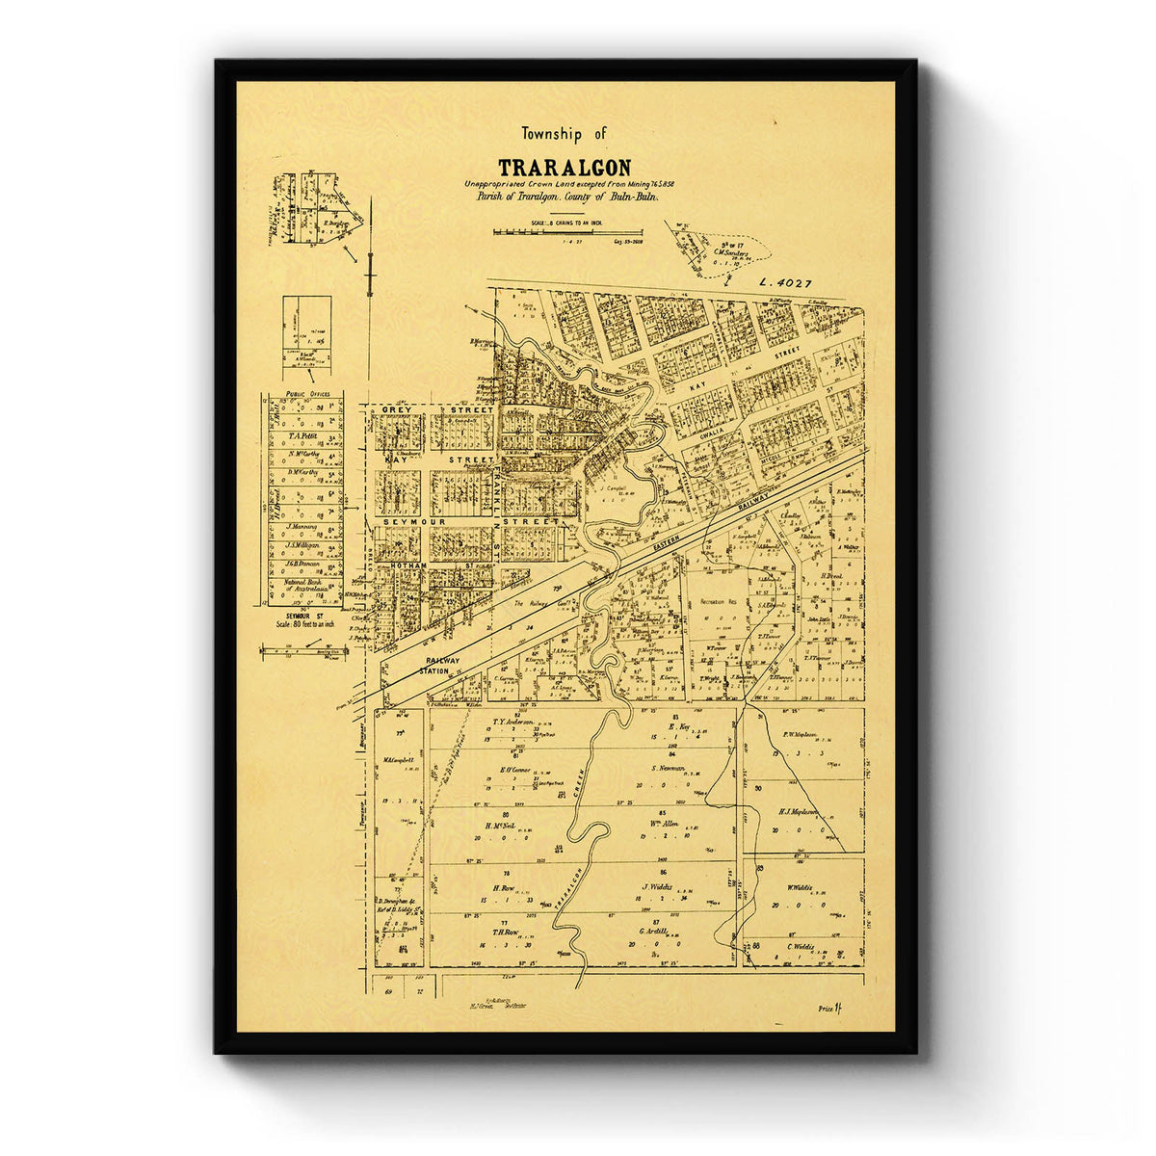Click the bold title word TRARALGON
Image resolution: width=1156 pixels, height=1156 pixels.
(565, 168)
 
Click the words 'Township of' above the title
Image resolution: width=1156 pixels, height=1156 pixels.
(565, 134)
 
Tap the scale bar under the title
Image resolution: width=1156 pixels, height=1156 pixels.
(567, 232)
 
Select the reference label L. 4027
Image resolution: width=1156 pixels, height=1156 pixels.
(785, 283)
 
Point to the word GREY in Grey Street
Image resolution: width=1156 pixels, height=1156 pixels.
(396, 410)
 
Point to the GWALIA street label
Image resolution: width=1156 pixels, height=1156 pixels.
(711, 435)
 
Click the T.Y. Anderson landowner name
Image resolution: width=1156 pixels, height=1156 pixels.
(512, 722)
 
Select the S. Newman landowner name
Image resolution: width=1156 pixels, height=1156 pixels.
(668, 768)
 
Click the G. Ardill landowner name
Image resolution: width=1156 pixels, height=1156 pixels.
(654, 932)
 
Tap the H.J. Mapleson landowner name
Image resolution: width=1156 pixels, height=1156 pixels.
(798, 811)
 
